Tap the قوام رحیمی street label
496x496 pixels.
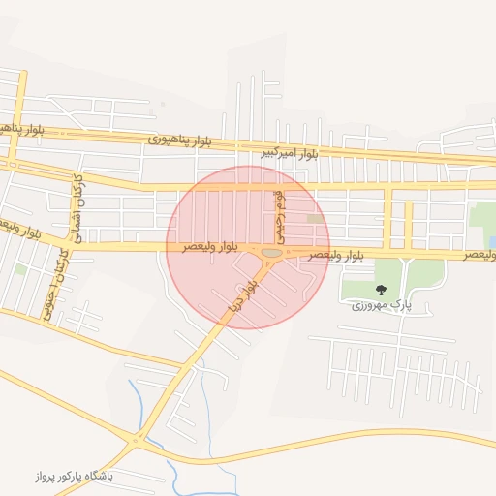[279, 215]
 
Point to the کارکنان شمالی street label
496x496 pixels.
[75, 207]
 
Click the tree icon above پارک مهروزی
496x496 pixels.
[380, 290]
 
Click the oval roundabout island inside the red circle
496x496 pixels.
[271, 253]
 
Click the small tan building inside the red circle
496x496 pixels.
[315, 219]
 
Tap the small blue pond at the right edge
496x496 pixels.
[492, 241]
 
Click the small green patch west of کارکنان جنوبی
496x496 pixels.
[20, 268]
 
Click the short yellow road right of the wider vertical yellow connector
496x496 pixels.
[408, 224]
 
